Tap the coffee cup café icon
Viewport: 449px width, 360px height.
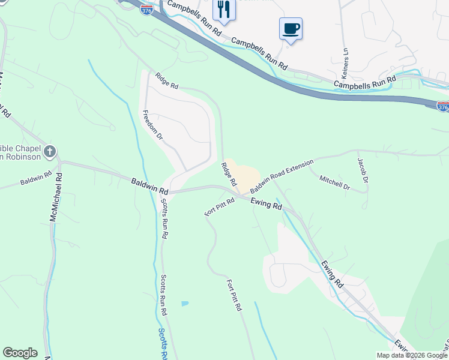(x=291, y=29)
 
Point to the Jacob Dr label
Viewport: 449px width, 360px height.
(x=362, y=170)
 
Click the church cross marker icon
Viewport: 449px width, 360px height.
(x=50, y=151)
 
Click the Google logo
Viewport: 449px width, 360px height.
(x=20, y=353)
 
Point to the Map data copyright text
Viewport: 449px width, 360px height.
(x=412, y=355)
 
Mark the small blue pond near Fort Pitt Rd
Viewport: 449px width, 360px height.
(x=184, y=304)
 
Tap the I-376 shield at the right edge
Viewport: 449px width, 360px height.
(x=442, y=106)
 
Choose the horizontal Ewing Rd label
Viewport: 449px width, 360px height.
(x=266, y=204)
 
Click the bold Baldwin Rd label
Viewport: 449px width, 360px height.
(x=151, y=185)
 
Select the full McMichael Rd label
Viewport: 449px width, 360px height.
(x=55, y=198)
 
